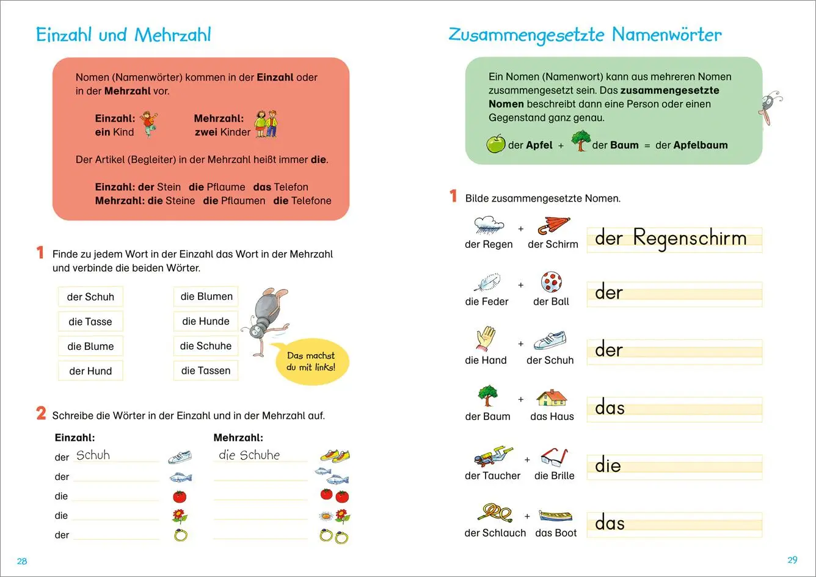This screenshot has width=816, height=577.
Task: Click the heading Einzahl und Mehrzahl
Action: (123, 35)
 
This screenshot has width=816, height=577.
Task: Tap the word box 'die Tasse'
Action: (90, 322)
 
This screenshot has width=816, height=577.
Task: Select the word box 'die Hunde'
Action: (206, 321)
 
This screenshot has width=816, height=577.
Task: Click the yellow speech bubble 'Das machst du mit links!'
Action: (311, 361)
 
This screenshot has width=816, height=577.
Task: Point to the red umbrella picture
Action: (553, 225)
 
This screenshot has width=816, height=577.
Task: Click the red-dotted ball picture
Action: (551, 282)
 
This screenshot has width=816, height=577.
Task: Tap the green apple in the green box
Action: (495, 144)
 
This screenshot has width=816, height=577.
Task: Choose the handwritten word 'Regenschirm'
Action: (690, 238)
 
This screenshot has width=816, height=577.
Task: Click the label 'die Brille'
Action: (554, 476)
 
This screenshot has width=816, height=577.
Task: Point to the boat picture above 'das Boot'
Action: (556, 515)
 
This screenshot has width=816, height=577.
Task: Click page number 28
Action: (22, 561)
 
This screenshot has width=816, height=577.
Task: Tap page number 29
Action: (792, 560)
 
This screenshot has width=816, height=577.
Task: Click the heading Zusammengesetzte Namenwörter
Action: (585, 35)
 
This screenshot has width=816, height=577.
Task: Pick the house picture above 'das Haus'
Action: (552, 398)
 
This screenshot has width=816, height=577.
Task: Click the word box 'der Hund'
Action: (90, 371)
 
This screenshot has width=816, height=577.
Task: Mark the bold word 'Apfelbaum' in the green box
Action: (701, 145)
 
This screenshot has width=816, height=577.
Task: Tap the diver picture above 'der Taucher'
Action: (494, 457)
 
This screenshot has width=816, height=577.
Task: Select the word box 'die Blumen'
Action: (206, 297)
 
